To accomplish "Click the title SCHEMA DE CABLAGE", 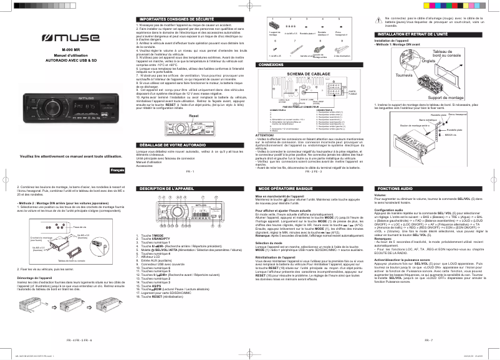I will coord(308,73).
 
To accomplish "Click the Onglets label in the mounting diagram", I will coord(411,61).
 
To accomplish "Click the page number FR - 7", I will coord(428,341).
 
